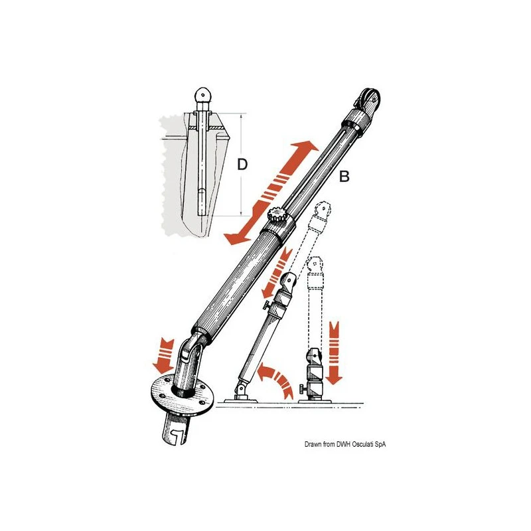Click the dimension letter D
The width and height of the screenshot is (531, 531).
242,165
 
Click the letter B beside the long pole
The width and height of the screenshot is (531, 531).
344,177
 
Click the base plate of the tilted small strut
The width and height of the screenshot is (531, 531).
243,399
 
